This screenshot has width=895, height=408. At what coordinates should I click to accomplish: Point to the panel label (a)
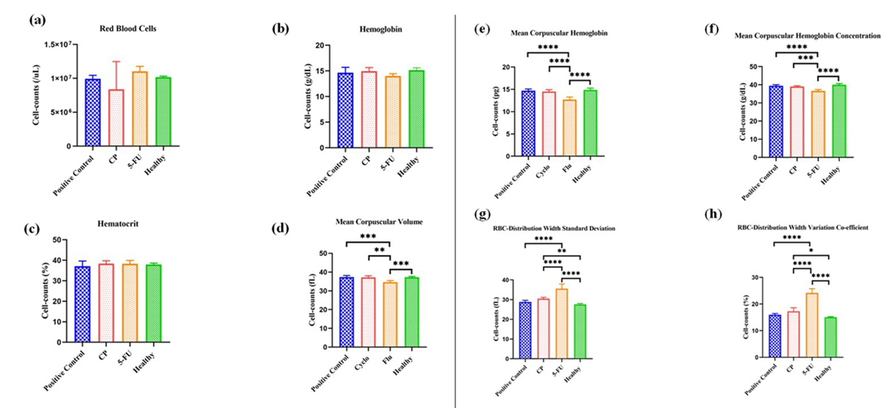point(36,20)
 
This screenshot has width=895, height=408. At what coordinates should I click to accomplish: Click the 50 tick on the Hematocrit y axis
point(58,240)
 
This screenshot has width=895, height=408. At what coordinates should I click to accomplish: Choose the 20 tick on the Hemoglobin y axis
point(322,45)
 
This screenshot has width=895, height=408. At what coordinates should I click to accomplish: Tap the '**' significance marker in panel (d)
point(379,250)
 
